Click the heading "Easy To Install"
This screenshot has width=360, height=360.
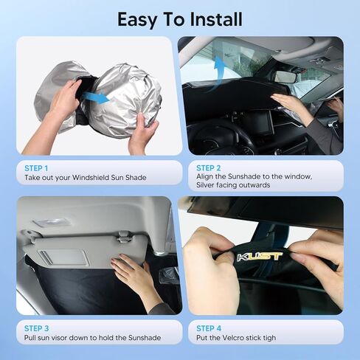[179, 18]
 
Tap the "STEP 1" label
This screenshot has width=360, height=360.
[37, 167]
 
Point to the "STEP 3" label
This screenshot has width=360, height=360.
[37, 327]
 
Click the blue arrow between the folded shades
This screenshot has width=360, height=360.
[94, 97]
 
